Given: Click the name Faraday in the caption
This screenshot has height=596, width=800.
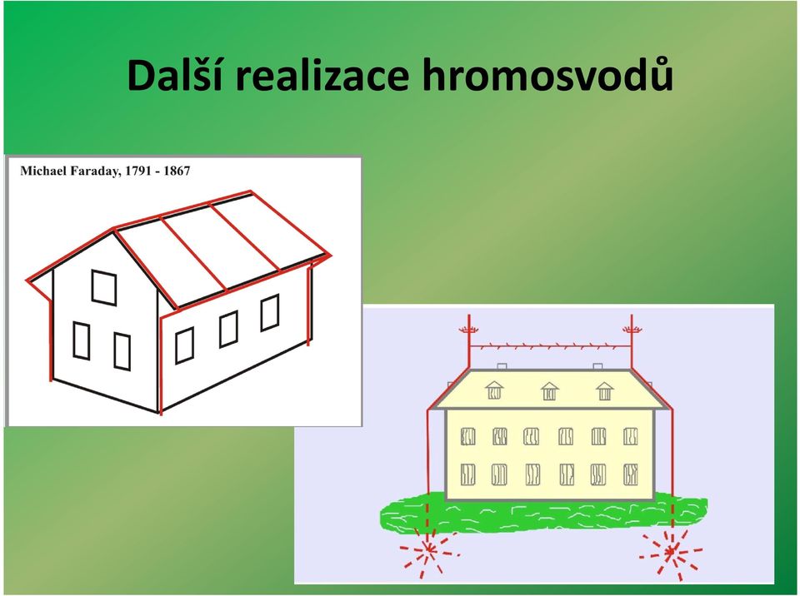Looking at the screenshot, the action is click(95, 171).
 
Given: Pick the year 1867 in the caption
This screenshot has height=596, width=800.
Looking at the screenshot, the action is click(177, 171).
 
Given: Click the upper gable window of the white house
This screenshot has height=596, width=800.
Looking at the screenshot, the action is click(104, 287).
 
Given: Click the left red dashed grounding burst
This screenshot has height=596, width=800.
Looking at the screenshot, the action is click(429, 549).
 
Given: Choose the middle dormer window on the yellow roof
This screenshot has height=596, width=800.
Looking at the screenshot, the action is click(549, 391).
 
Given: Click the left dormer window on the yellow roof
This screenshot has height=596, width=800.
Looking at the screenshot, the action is click(494, 390).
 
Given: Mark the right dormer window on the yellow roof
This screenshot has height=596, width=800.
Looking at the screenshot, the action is click(605, 391).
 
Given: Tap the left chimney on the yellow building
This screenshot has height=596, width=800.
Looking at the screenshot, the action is click(502, 366).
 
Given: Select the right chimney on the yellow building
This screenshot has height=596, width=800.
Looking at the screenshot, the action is click(597, 366).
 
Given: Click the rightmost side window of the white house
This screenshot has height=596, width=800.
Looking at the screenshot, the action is click(270, 312).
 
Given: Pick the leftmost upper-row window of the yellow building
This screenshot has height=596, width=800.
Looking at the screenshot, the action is click(467, 436).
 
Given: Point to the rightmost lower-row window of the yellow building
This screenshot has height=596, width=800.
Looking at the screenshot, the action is click(631, 474).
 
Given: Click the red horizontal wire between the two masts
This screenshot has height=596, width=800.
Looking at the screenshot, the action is click(550, 346).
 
